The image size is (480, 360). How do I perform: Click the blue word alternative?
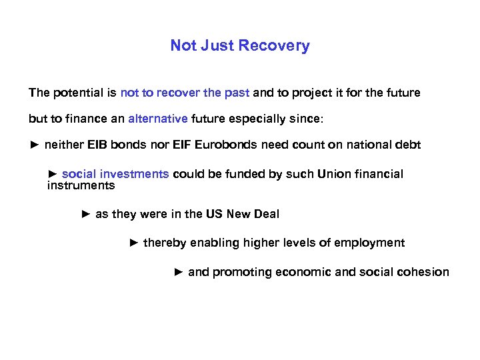pyautogui.click(x=158, y=119)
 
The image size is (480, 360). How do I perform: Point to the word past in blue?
pyautogui.click(x=237, y=93)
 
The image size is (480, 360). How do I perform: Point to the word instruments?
pyautogui.click(x=81, y=185)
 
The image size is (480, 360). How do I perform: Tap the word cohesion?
pyautogui.click(x=425, y=272)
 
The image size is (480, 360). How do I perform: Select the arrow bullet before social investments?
pyautogui.click(x=53, y=174)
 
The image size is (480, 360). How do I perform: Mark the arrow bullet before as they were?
pyautogui.click(x=85, y=214)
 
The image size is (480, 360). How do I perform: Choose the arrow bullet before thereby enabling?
pyautogui.click(x=133, y=243)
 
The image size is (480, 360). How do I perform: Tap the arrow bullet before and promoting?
pyautogui.click(x=178, y=272)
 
